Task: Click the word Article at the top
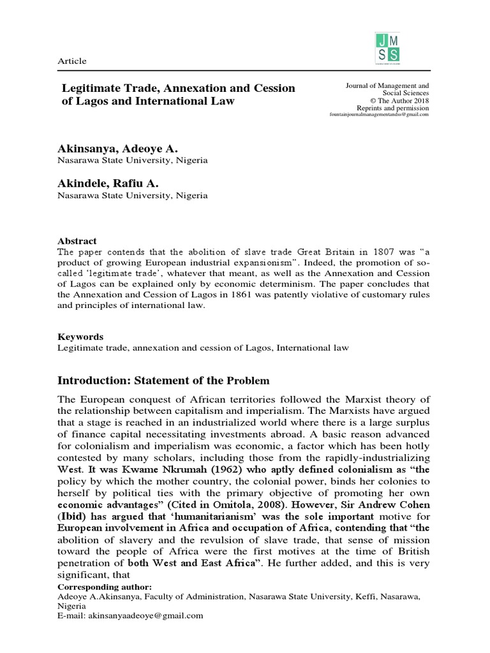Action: (x=72, y=61)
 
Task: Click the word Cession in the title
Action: (x=269, y=88)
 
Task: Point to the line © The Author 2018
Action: (x=398, y=101)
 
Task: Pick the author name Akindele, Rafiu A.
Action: (x=108, y=183)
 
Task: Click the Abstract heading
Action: (x=77, y=242)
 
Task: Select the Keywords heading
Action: (x=80, y=337)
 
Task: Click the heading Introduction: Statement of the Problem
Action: (x=160, y=381)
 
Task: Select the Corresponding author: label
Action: (x=96, y=586)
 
